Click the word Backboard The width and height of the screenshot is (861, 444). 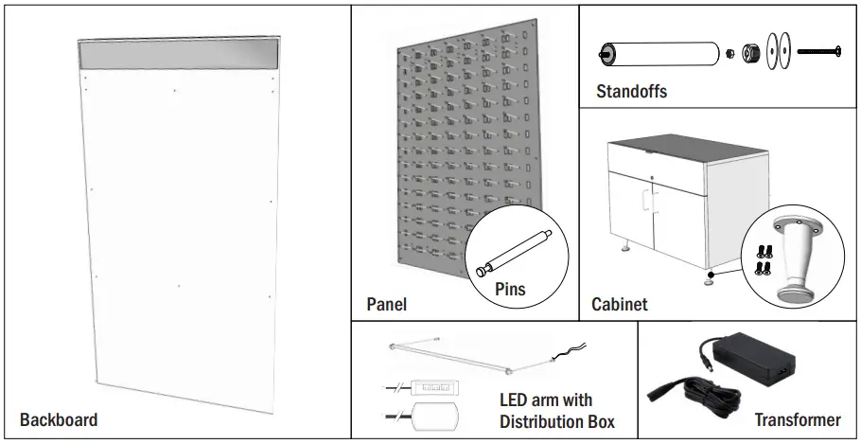point(58,419)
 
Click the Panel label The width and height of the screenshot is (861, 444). point(386,304)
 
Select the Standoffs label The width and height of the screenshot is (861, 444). point(631,92)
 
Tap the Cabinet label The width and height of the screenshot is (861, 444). point(620,304)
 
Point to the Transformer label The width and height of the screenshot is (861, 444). point(797,419)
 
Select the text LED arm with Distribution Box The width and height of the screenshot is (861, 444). point(557,410)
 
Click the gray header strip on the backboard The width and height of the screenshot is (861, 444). point(179,54)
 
